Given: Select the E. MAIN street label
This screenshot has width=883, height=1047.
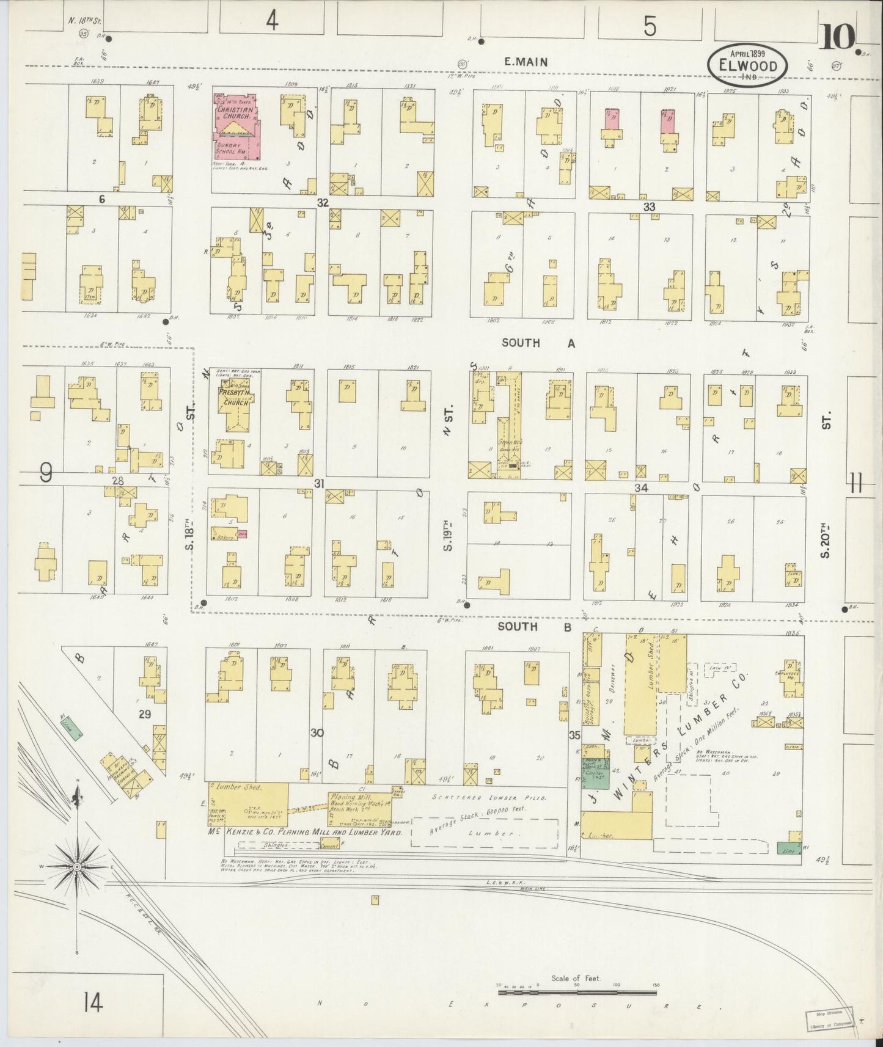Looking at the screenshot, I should coord(526,62).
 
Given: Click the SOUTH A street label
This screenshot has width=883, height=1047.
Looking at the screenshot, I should coord(538,343).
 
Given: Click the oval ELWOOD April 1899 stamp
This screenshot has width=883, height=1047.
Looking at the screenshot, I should coord(747,64).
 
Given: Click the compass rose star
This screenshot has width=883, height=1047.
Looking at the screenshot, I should coord(78,867).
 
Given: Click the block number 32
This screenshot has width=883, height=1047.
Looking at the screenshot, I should coord(323,202).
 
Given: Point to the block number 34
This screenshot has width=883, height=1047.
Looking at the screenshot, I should coord(640,487).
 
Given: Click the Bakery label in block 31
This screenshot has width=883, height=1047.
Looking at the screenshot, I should coord(221,531).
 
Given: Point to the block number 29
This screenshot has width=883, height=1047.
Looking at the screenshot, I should coord(144,713).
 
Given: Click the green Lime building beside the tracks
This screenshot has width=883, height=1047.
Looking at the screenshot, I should coord(71,729).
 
